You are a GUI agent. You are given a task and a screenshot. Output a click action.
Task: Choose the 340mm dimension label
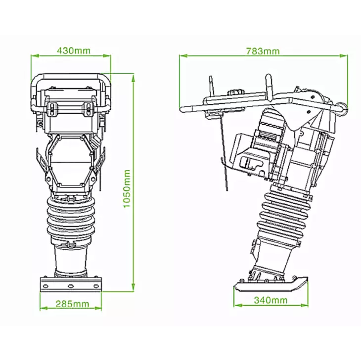[x=271, y=300]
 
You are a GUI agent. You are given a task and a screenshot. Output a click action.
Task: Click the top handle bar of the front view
[x=72, y=77]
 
